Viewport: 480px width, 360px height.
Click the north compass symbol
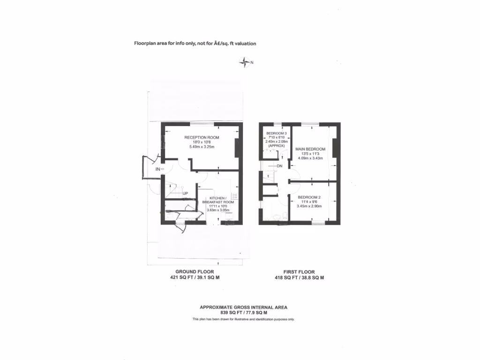(245, 62)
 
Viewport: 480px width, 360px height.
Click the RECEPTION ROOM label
(202, 137)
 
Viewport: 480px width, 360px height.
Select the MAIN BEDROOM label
(310, 149)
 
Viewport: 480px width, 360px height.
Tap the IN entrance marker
(158, 169)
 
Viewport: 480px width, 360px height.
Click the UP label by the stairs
(185, 193)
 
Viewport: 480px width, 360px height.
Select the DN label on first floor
(279, 166)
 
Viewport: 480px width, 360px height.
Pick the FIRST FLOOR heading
(299, 272)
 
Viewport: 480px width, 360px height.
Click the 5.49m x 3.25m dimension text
(202, 147)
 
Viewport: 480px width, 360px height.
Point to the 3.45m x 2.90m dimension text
(309, 206)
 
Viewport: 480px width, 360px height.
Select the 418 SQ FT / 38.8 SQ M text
(299, 277)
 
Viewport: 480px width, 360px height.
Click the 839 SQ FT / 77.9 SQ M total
(244, 313)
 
